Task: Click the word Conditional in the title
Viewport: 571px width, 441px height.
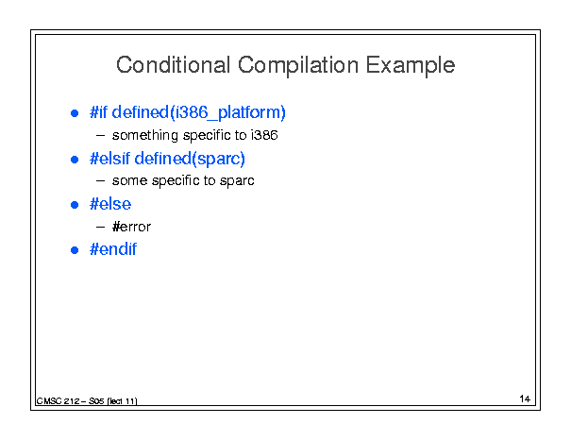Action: click(x=173, y=65)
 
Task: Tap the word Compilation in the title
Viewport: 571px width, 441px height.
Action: click(x=298, y=66)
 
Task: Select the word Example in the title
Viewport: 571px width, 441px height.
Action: click(x=411, y=66)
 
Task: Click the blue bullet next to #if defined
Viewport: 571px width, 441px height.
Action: click(x=75, y=113)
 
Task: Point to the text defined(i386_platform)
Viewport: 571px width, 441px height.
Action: click(x=198, y=112)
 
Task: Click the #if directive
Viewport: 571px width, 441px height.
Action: click(x=98, y=111)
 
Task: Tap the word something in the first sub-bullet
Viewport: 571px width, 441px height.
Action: click(x=145, y=136)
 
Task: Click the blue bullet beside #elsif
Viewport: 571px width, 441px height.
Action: click(x=75, y=160)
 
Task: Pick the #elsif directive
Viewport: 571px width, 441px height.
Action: click(x=109, y=159)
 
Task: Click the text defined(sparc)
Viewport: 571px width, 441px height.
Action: click(x=190, y=159)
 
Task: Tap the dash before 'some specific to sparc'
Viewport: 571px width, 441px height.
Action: click(x=100, y=180)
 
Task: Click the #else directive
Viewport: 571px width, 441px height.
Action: click(x=110, y=204)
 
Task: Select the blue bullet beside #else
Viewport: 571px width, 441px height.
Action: click(x=75, y=205)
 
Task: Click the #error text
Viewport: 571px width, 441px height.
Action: click(x=131, y=227)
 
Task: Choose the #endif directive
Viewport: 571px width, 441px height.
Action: click(x=113, y=249)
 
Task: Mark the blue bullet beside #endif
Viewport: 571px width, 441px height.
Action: click(x=75, y=250)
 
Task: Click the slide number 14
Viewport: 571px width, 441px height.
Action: click(x=525, y=399)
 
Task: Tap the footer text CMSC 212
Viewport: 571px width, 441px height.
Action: click(x=58, y=401)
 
